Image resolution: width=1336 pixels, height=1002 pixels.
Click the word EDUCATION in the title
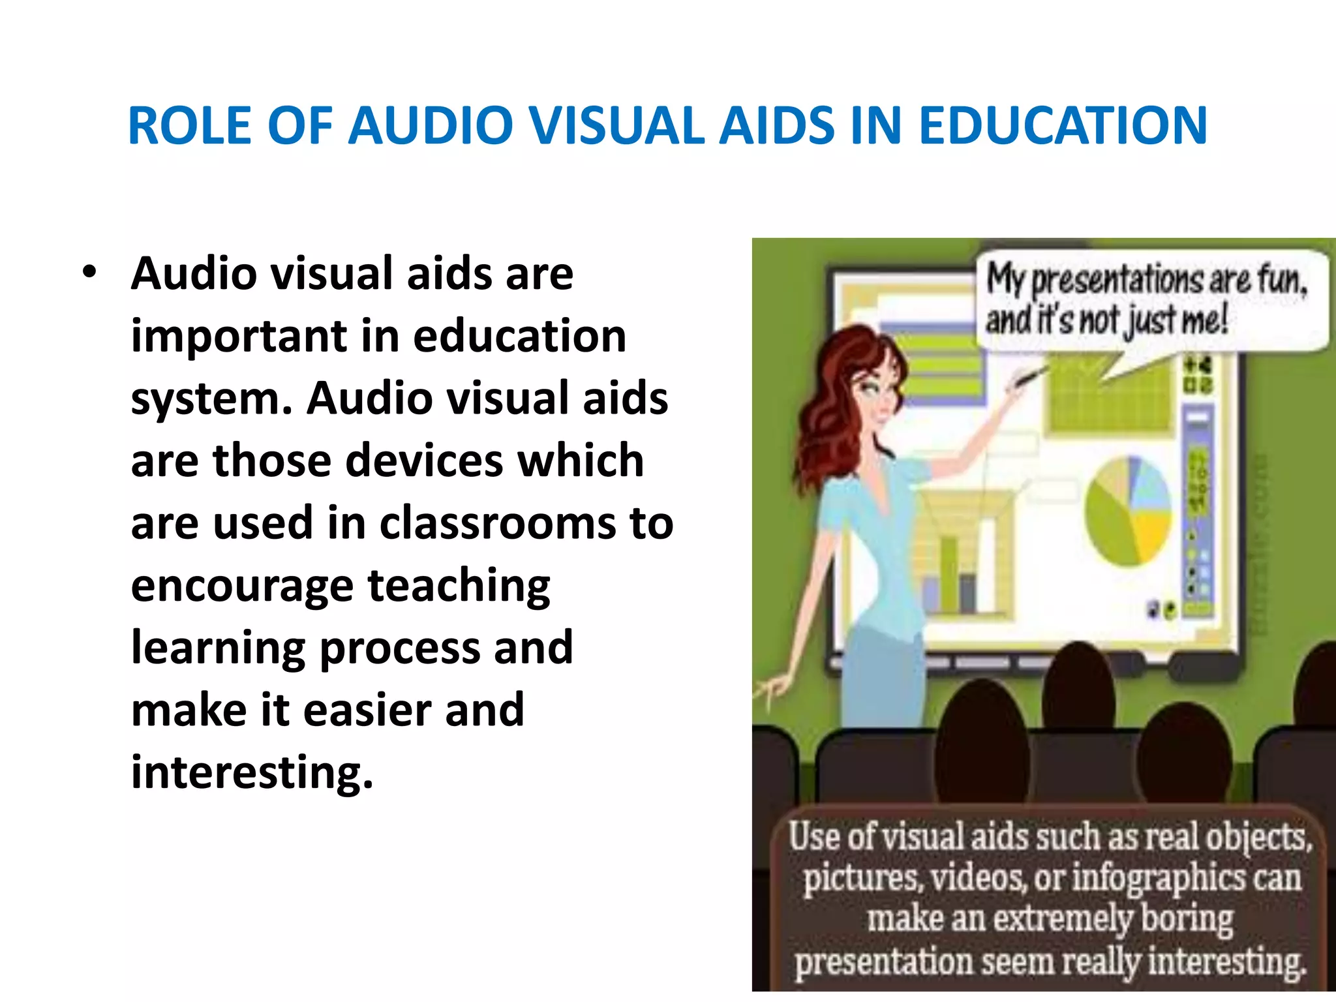1063,125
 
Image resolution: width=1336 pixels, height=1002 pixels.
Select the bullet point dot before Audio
90,273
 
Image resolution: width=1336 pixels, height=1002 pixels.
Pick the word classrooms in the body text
497,524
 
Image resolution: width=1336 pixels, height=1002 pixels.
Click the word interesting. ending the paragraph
252,772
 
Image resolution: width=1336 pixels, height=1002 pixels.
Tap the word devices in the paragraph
424,461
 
